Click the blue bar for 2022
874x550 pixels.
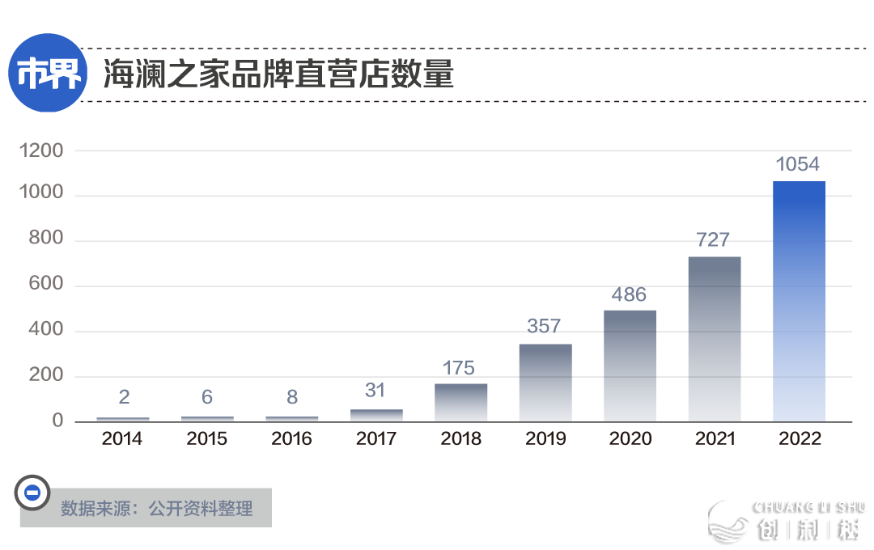(x=799, y=301)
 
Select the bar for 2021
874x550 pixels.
(x=714, y=339)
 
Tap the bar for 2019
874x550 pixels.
(x=545, y=383)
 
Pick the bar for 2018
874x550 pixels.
(x=460, y=402)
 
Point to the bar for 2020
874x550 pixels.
(x=630, y=366)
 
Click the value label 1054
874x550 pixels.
(x=797, y=164)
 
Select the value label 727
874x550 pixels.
(x=713, y=239)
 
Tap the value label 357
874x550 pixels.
(x=544, y=326)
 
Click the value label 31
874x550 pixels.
(x=375, y=391)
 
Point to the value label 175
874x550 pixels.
(x=459, y=368)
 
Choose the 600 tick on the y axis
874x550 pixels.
(x=45, y=286)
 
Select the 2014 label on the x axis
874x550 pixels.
(x=122, y=439)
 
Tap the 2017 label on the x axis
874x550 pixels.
(x=376, y=439)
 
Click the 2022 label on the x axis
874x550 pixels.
(x=799, y=439)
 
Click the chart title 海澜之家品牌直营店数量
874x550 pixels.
(x=278, y=75)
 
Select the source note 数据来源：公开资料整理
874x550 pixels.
(x=156, y=509)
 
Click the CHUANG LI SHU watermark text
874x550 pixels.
(x=808, y=507)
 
